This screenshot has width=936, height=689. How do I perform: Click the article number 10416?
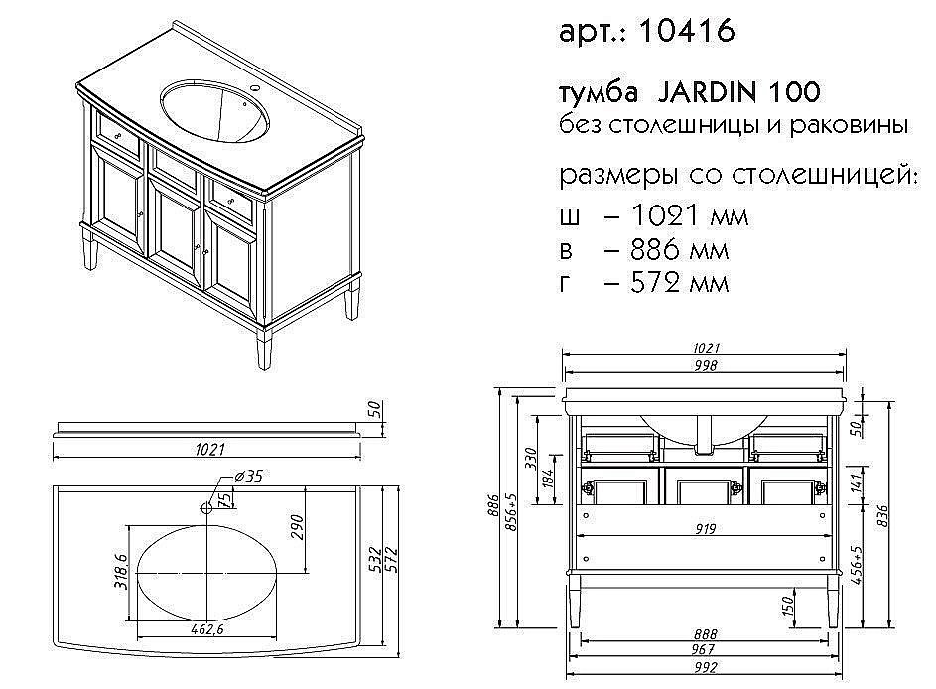tap(687, 32)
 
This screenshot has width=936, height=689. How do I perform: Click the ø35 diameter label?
tap(248, 476)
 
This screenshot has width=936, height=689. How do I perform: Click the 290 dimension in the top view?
tap(297, 527)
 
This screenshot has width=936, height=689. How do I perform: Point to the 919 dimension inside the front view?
tap(705, 529)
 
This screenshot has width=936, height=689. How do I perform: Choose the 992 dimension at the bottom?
tap(705, 667)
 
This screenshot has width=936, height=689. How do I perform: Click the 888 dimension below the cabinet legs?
tap(705, 633)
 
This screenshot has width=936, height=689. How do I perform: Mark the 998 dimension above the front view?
tap(705, 365)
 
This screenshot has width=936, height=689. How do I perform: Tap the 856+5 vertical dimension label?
tap(511, 511)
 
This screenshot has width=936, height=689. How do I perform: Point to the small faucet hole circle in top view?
tap(207, 508)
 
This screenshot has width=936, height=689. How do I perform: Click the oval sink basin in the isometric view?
tap(212, 108)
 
